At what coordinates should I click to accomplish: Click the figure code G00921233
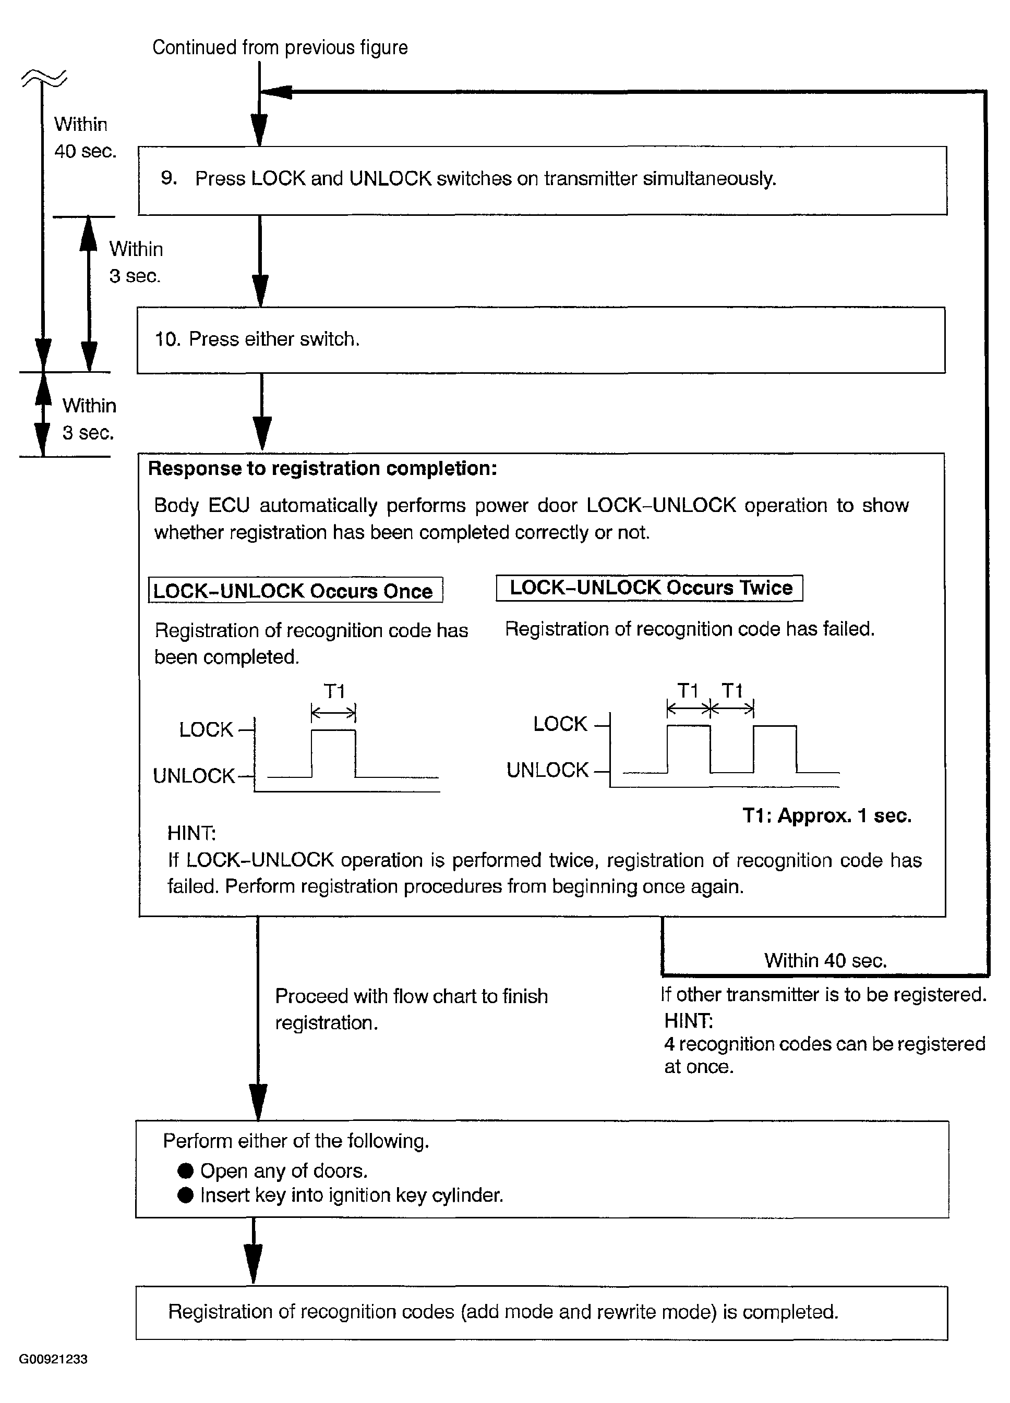tap(53, 1359)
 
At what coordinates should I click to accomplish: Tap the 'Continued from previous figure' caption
tap(280, 47)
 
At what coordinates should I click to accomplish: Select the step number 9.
tap(169, 178)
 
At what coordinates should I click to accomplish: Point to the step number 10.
tap(167, 339)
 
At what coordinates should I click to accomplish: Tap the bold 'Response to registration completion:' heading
tap(322, 469)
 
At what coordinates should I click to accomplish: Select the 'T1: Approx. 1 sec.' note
tap(827, 815)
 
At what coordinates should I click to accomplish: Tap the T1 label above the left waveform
tap(334, 691)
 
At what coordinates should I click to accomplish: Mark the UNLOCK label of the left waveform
tap(194, 776)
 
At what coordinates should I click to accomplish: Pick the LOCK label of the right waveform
tap(560, 724)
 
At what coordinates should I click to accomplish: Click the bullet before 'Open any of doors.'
tap(186, 1170)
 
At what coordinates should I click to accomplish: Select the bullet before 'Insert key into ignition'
tap(186, 1194)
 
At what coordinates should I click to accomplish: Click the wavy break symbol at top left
tap(44, 79)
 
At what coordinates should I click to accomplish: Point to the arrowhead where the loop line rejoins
tap(275, 92)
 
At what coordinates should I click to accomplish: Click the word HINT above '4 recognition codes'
tap(688, 1020)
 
